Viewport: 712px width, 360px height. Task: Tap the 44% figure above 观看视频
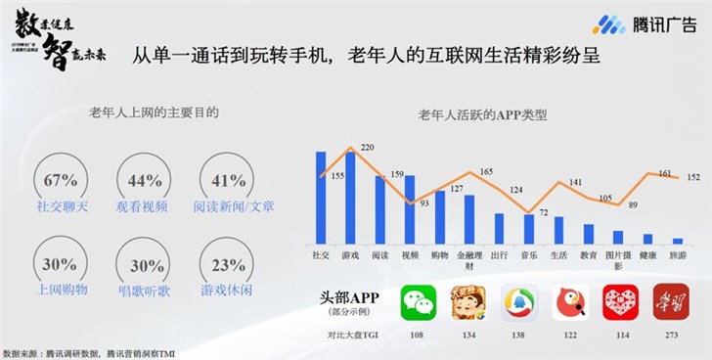[144, 181]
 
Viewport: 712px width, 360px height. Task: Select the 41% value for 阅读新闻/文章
[228, 181]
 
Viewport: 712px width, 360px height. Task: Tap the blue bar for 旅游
[678, 240]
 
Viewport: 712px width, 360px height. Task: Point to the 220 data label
[367, 148]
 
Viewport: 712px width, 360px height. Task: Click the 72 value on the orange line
[545, 211]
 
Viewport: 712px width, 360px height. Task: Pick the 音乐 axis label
[529, 254]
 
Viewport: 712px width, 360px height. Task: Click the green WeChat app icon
[418, 303]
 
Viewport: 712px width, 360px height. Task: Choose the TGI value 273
[671, 335]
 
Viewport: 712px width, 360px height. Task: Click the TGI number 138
[519, 335]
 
